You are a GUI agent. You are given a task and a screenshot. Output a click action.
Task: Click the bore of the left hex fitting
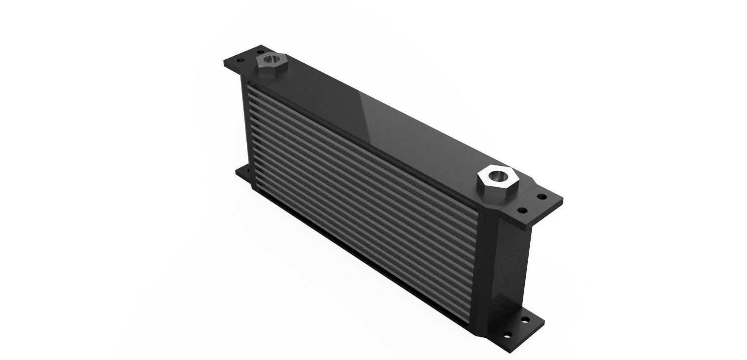pos(270,60)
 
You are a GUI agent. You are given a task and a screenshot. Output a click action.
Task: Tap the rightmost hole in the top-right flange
pos(541,197)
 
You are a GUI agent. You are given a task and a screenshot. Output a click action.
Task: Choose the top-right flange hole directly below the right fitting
pos(521,211)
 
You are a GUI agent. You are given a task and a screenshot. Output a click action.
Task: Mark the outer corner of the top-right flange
pos(562,200)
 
